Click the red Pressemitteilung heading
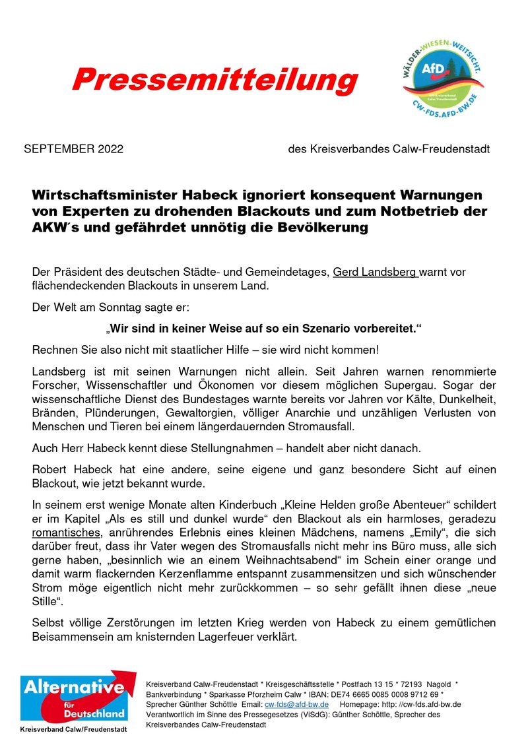214,81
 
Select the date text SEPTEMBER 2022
73,150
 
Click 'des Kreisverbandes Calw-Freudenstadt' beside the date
389,150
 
